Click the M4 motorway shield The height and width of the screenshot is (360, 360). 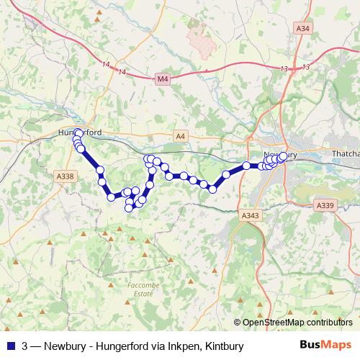162,78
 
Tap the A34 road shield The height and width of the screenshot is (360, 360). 302,28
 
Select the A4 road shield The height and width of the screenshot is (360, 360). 180,135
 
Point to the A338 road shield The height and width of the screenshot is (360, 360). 65,176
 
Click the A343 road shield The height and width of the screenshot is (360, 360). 250,215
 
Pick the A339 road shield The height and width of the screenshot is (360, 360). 325,206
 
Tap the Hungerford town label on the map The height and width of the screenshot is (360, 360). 79,132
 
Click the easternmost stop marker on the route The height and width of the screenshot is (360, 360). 283,156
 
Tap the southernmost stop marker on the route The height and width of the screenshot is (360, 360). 129,208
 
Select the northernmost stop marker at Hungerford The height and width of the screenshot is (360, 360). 78,132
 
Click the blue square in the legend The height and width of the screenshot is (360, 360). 10,346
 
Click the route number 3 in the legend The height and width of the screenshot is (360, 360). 26,346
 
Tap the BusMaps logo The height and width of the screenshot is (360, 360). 325,346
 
